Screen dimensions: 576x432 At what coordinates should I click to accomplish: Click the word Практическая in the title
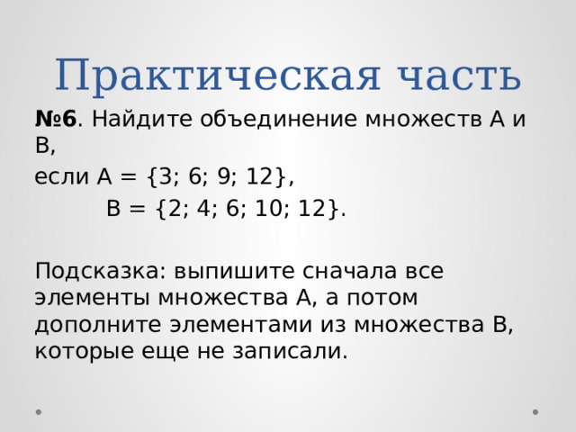(218, 76)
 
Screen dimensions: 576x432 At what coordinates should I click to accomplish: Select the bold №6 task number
(56, 119)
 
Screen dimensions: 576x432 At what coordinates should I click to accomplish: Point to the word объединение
(278, 120)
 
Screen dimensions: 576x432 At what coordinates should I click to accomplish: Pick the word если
(62, 177)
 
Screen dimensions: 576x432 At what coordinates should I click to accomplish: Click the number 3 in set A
(166, 176)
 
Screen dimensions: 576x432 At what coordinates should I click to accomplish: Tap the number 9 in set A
(224, 176)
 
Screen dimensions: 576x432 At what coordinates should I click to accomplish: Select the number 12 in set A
(260, 176)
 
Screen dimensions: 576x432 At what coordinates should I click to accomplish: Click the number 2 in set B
(175, 208)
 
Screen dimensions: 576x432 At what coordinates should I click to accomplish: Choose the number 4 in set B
(203, 208)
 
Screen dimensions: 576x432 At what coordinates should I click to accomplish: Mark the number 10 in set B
(268, 208)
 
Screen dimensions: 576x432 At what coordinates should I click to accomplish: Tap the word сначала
(350, 272)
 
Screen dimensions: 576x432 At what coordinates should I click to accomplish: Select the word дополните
(98, 326)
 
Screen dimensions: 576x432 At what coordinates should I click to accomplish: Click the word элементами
(241, 325)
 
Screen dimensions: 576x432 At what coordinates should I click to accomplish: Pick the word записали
(290, 352)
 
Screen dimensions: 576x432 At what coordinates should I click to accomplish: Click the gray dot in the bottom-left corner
(39, 412)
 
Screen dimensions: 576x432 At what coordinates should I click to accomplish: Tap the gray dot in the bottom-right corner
(535, 412)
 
